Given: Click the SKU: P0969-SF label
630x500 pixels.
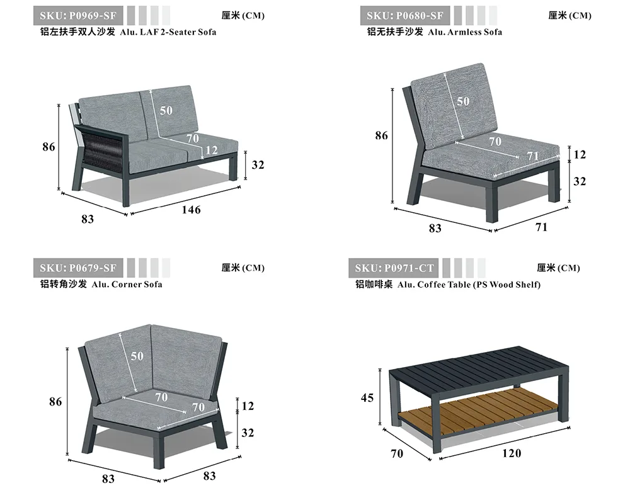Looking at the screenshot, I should pyautogui.click(x=79, y=15).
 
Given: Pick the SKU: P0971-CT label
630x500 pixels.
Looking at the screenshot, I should pyautogui.click(x=394, y=268).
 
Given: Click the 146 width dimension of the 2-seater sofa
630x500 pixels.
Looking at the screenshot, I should pyautogui.click(x=191, y=210).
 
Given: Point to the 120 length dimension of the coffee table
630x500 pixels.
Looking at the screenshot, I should pyautogui.click(x=512, y=453).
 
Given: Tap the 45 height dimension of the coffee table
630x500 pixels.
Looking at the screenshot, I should pyautogui.click(x=367, y=397).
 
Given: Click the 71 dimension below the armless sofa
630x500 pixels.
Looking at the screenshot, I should pyautogui.click(x=541, y=227).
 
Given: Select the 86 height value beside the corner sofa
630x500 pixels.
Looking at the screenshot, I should pyautogui.click(x=55, y=401).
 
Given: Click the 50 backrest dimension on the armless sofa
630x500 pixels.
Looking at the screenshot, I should pyautogui.click(x=463, y=101).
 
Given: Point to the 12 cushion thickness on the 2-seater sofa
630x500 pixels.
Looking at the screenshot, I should pyautogui.click(x=211, y=150).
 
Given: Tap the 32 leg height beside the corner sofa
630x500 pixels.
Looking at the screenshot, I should pyautogui.click(x=248, y=433).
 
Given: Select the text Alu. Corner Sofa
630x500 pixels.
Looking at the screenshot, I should pyautogui.click(x=127, y=284).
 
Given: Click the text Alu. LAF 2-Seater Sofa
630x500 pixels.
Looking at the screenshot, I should pyautogui.click(x=168, y=31).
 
